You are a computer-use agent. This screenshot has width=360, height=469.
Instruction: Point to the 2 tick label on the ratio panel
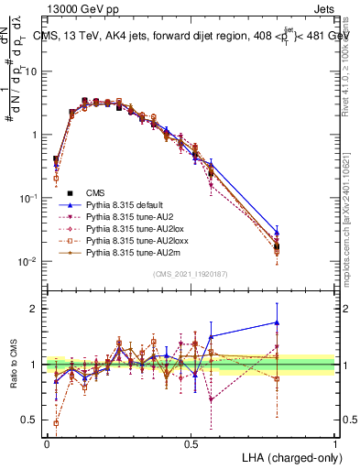coord(37,310)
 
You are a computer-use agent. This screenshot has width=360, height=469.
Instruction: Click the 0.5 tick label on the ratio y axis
coord(31,420)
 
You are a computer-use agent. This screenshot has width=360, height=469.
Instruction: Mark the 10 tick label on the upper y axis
coord(35,71)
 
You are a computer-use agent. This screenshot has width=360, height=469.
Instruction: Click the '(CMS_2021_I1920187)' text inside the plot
coord(191,274)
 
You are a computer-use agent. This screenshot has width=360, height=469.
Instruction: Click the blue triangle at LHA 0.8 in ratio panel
coord(277,322)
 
